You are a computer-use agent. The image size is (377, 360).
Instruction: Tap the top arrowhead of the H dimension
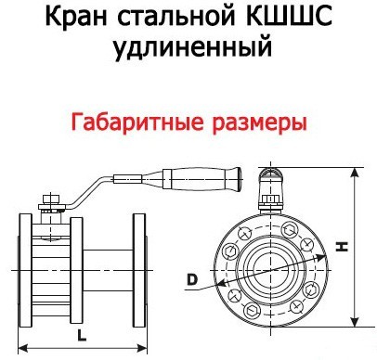click(357, 172)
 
